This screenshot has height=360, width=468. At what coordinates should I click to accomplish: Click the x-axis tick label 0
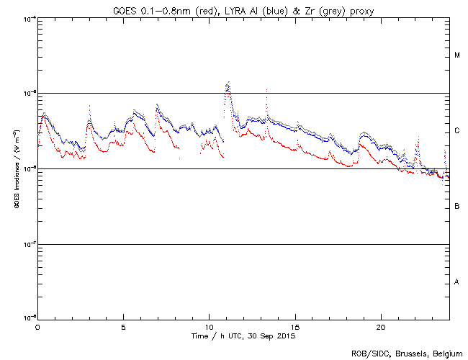pos(37,326)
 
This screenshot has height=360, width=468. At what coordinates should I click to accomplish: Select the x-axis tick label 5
pos(123,326)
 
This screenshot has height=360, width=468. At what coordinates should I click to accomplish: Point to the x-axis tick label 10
pos(209,326)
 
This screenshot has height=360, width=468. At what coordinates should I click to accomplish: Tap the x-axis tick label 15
pos(295,326)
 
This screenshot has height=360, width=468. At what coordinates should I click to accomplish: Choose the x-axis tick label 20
pos(381,326)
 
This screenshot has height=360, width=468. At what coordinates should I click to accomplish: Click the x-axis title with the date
pos(244,336)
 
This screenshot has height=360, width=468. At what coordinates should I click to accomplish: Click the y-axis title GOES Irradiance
pos(16,169)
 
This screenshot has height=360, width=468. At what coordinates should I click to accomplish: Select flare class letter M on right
pos(456,55)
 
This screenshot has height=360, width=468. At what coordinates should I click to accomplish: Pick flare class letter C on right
pos(456,131)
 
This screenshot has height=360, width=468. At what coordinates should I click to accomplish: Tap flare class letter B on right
pos(456,207)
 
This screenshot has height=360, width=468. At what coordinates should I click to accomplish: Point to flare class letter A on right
pos(456,282)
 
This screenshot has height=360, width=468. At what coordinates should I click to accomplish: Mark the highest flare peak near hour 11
pos(228,83)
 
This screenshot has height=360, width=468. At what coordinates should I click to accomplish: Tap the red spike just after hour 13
pos(266,91)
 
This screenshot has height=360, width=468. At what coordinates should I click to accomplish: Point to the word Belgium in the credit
pos(446,354)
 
